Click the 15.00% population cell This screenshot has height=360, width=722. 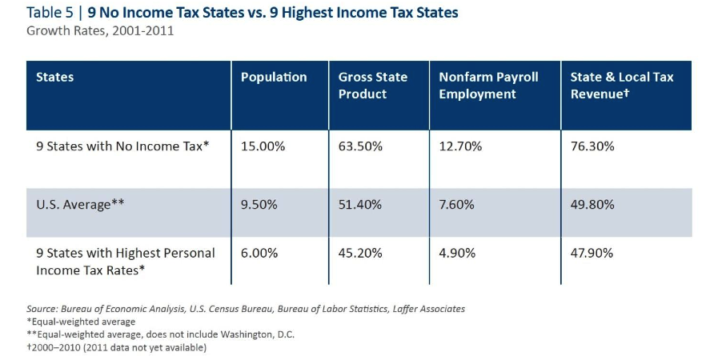[x=263, y=147]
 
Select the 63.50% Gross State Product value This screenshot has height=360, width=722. [x=360, y=147]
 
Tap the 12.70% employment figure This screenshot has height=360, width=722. [x=460, y=147]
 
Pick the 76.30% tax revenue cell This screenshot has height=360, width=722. [x=592, y=147]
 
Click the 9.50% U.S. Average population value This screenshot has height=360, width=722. [x=259, y=204]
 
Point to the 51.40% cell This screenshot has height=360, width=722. [x=360, y=204]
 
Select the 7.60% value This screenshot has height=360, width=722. [x=456, y=204]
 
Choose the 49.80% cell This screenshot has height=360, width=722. [x=592, y=204]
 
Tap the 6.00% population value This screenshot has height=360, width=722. [x=259, y=253]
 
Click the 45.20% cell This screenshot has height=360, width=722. [x=360, y=253]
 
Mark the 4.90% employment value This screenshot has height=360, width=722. [x=457, y=253]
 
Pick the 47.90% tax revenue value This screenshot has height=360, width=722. [x=592, y=253]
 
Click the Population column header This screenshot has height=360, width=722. [x=274, y=77]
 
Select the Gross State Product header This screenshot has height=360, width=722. [x=373, y=86]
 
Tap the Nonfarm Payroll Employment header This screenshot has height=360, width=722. [x=488, y=86]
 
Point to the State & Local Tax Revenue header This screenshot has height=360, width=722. [x=622, y=86]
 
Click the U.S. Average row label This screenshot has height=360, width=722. [x=80, y=204]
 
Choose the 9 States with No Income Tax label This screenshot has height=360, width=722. [x=123, y=147]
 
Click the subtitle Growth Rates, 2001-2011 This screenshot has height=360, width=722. [x=100, y=32]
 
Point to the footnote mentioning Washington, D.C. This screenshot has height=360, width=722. [x=160, y=334]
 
